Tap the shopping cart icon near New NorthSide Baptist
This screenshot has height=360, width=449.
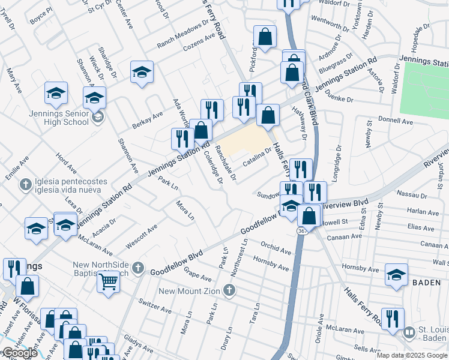click(109, 282)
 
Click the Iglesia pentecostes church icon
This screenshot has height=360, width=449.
click(25, 185)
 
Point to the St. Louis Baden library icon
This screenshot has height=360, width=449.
click(409, 332)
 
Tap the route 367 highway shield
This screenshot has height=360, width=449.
click(303, 231)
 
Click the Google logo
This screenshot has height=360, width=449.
click(20, 353)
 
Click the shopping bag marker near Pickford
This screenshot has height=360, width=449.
click(265, 37)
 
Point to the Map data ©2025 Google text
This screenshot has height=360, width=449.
click(412, 355)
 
